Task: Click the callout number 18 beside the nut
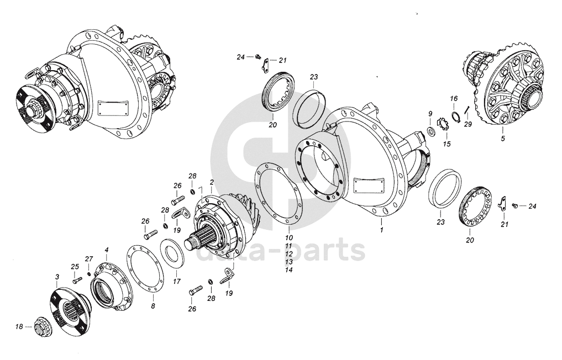click(x=19, y=326)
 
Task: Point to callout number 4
click(x=106, y=249)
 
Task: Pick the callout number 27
click(x=89, y=258)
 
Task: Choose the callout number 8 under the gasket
click(x=153, y=306)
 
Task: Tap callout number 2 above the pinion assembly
click(x=212, y=182)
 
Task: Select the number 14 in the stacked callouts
click(x=289, y=270)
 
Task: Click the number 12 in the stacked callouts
click(x=289, y=253)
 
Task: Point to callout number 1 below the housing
click(x=382, y=230)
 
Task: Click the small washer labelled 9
click(x=430, y=130)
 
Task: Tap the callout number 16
click(x=454, y=98)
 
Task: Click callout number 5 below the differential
click(x=503, y=139)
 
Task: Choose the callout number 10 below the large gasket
click(x=289, y=237)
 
